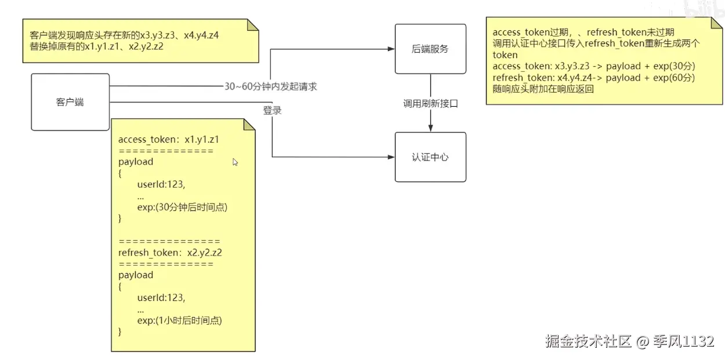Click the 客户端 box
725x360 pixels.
[70, 102]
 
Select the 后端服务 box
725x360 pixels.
[430, 49]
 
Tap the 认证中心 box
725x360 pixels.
[430, 157]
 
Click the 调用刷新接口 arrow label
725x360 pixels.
[430, 104]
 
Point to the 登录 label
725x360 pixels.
[272, 110]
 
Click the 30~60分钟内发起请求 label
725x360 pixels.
[270, 86]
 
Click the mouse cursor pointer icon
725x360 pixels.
[235, 162]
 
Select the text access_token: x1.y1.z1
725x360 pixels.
[168, 139]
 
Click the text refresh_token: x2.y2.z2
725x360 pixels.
[170, 252]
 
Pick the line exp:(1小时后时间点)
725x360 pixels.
[179, 320]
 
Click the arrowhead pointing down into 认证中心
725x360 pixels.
[430, 128]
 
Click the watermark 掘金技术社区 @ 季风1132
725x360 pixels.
[629, 341]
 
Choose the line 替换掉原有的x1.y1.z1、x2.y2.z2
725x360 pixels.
[96, 46]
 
